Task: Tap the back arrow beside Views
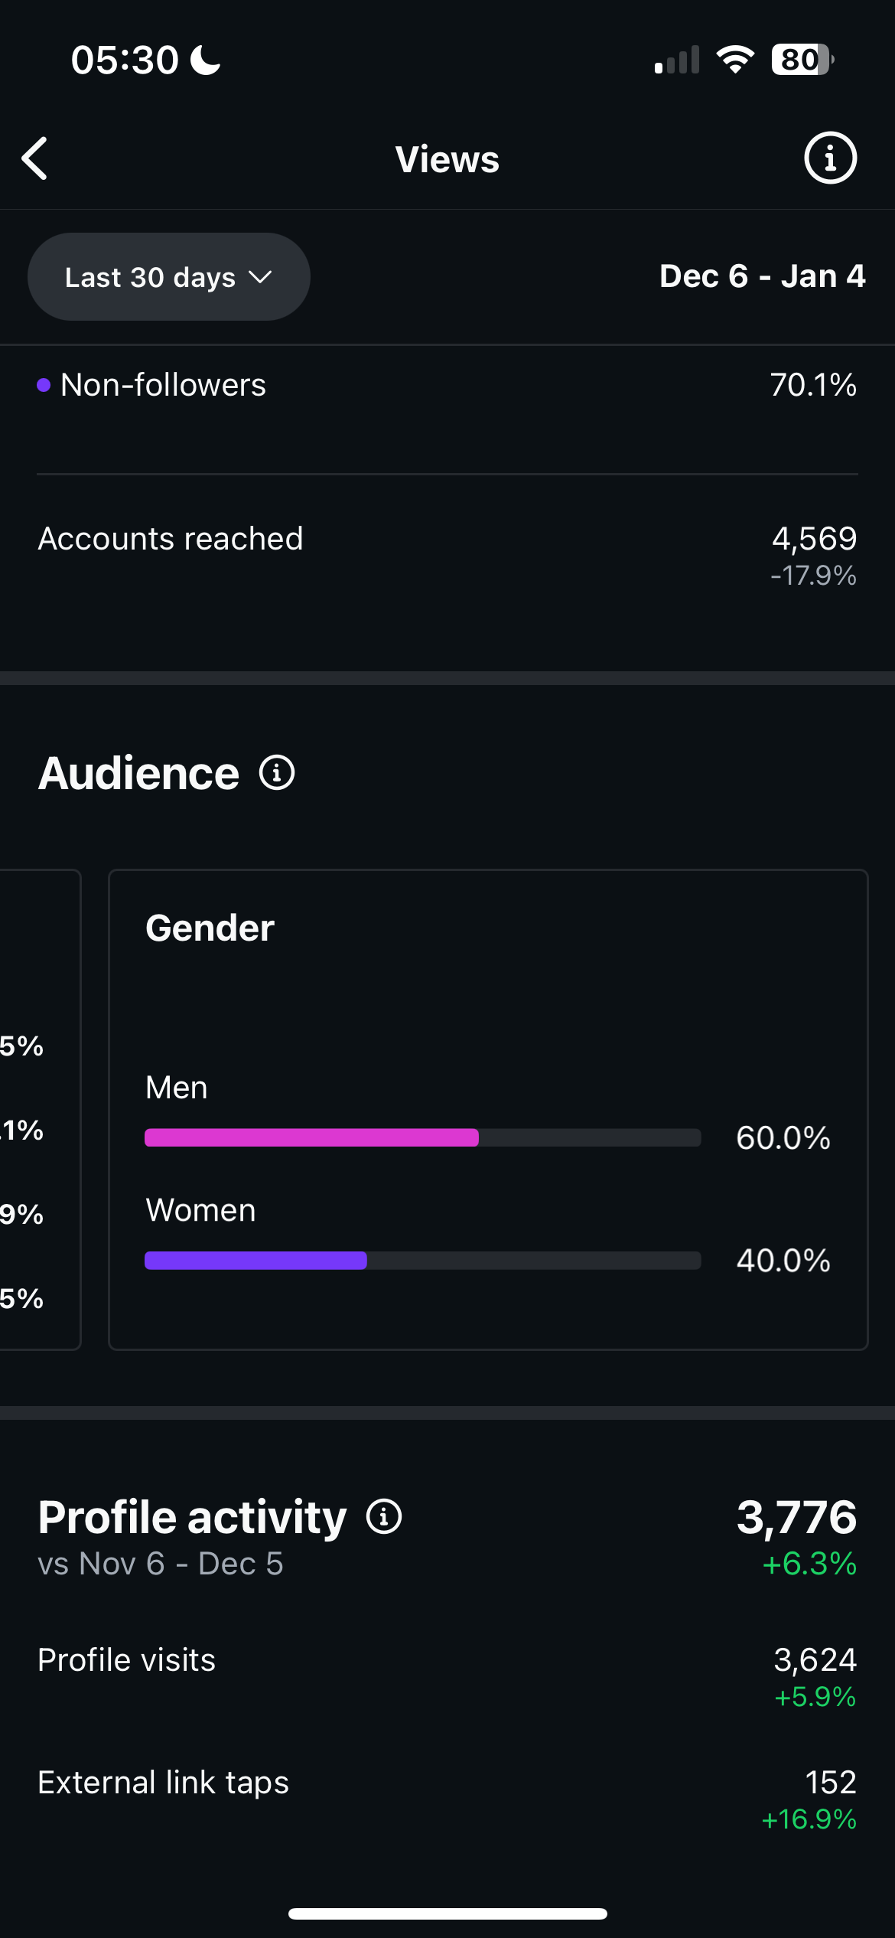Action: pyautogui.click(x=35, y=158)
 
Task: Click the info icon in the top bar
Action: pyautogui.click(x=830, y=158)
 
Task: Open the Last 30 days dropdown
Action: pyautogui.click(x=168, y=277)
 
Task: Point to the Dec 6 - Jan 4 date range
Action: pyautogui.click(x=762, y=276)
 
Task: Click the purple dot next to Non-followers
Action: pyautogui.click(x=44, y=385)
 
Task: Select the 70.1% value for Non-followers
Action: pyautogui.click(x=812, y=385)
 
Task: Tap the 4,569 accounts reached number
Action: pyautogui.click(x=814, y=539)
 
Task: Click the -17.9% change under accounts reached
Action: pyautogui.click(x=813, y=576)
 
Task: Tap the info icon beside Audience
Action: pyautogui.click(x=277, y=773)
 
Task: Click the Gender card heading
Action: pyautogui.click(x=210, y=928)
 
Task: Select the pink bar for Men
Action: pyautogui.click(x=311, y=1137)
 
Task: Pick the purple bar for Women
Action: pyautogui.click(x=255, y=1261)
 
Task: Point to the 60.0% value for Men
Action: pyautogui.click(x=783, y=1138)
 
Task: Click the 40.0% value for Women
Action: pyautogui.click(x=783, y=1261)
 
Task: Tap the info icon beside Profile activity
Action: pyautogui.click(x=384, y=1516)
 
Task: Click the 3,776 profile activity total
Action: pyautogui.click(x=796, y=1517)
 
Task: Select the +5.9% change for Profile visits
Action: pyautogui.click(x=815, y=1697)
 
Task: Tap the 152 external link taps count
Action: pyautogui.click(x=830, y=1783)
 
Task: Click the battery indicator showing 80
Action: pyautogui.click(x=801, y=60)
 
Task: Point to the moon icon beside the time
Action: pyautogui.click(x=205, y=60)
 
